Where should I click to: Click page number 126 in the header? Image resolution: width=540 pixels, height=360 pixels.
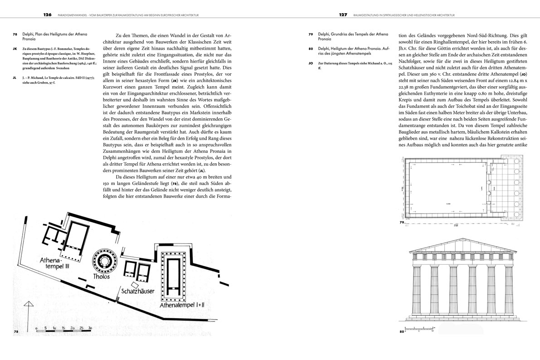point(48,15)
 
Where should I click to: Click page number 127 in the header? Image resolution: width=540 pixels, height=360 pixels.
point(343,15)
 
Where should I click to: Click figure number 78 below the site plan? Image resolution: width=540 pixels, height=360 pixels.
point(16,332)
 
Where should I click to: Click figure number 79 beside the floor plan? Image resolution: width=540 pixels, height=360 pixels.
point(402,223)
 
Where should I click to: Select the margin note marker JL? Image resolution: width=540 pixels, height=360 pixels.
point(15,78)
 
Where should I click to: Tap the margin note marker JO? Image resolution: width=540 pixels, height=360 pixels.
point(311,63)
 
